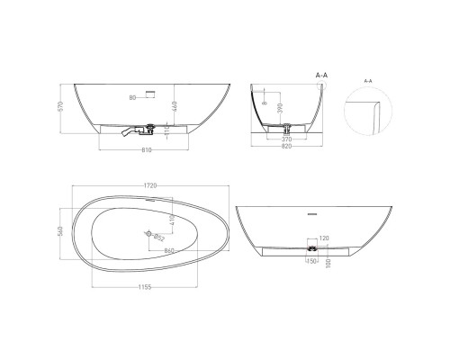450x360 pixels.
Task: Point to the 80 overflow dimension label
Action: coord(132,95)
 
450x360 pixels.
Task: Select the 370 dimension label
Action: coord(286,139)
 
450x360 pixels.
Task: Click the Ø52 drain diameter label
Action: coord(157,238)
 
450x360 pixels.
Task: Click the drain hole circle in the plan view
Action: coord(146,234)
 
